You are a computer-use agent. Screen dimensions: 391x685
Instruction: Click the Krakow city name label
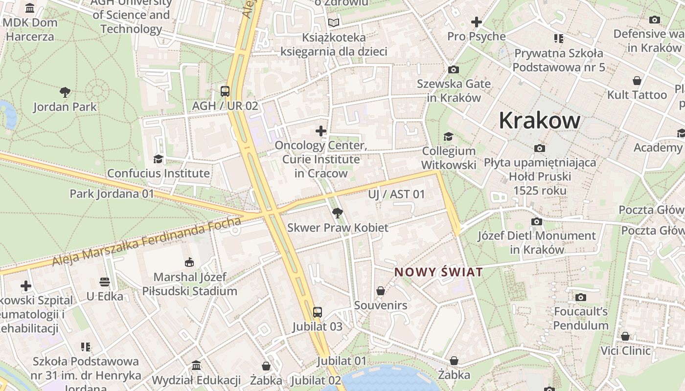coord(540,120)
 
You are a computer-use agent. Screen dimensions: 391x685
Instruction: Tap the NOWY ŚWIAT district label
coord(439,272)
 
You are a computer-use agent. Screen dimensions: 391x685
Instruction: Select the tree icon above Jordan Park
coord(65,92)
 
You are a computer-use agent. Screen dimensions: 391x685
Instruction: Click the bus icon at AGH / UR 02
coord(225,91)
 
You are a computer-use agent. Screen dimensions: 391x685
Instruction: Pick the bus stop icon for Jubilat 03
coord(318,312)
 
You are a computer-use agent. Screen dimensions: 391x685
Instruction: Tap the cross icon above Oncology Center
coord(321,131)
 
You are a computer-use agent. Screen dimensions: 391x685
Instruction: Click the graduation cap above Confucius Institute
coord(158,159)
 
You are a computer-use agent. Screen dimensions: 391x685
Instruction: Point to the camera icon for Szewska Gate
coord(454,69)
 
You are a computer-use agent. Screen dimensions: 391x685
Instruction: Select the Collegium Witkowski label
coord(449,158)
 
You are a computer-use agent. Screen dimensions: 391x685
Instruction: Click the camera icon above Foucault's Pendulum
coord(581,297)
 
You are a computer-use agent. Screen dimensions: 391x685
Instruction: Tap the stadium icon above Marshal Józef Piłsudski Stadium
coord(189,262)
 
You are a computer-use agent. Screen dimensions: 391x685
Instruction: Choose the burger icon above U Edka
coord(105,282)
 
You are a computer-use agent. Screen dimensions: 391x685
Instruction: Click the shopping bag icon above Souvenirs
coord(381,291)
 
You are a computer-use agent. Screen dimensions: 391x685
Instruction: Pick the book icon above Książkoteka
coord(334,23)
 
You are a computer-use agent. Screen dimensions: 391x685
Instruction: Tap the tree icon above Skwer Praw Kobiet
coord(337,213)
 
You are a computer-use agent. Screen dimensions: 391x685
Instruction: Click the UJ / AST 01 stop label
coord(396,194)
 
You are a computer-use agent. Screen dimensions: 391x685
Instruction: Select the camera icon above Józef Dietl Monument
coord(537,221)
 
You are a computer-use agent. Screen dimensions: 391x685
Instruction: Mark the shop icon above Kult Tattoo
coord(637,81)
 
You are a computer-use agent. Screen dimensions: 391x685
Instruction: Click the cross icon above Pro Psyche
coord(476,22)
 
